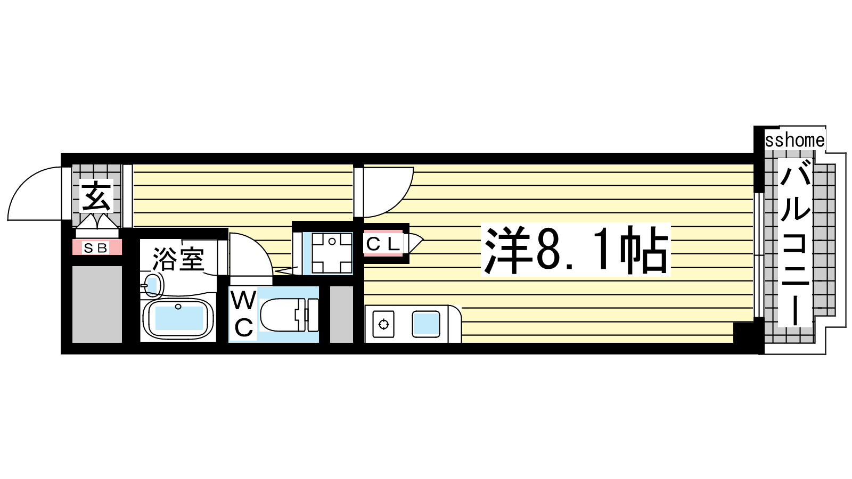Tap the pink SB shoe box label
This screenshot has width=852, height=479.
point(97,247)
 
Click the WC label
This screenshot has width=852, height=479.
point(243,314)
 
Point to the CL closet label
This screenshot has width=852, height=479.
point(383,243)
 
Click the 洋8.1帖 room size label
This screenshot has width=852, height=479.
point(575,250)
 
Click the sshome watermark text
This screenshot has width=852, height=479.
point(794,141)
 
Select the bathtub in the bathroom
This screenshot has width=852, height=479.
point(179,319)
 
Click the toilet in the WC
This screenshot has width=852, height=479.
point(290,315)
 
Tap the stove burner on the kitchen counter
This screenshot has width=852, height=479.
point(384,324)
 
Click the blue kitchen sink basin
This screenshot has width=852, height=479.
point(427,324)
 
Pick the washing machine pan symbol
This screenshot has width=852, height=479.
point(332,253)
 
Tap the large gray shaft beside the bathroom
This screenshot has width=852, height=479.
point(97,304)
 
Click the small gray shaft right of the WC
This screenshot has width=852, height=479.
point(341,315)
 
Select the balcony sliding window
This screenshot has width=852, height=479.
point(759,255)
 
